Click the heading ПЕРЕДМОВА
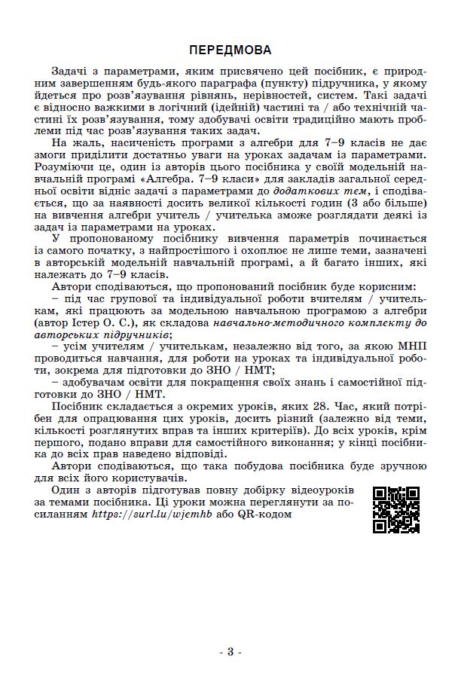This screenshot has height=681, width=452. tap(231, 50)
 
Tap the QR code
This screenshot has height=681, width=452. tap(396, 510)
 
